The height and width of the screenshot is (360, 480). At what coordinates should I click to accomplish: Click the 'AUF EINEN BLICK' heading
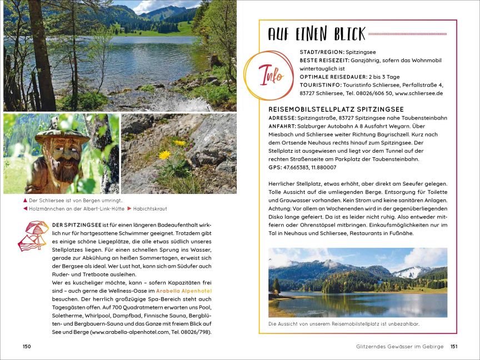(x=316, y=34)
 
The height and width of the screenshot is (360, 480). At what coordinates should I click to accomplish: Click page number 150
(x=27, y=347)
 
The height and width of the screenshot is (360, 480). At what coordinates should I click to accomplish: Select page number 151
(x=453, y=347)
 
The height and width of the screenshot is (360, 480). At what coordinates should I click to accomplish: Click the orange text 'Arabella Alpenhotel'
(x=184, y=291)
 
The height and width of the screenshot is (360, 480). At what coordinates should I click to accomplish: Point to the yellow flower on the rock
(x=164, y=154)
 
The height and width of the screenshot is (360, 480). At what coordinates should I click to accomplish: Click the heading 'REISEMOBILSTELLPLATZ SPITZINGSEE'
(x=336, y=109)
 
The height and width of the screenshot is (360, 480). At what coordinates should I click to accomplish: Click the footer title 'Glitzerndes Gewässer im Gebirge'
(x=400, y=347)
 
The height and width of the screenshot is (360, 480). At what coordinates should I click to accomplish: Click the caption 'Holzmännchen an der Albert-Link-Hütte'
(x=75, y=209)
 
